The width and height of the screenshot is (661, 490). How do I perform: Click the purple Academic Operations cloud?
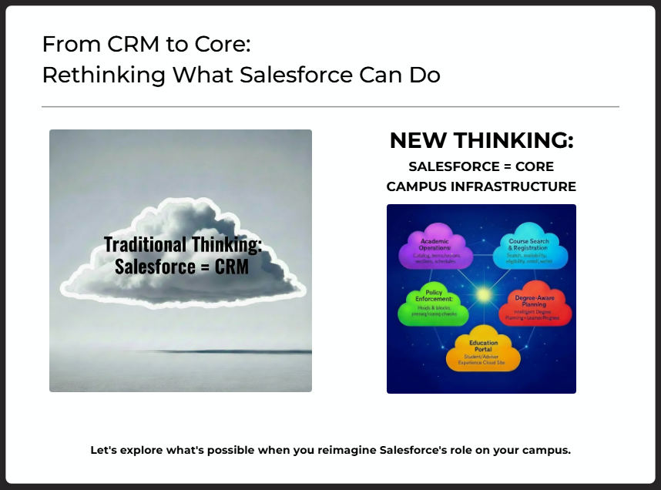[x=435, y=249]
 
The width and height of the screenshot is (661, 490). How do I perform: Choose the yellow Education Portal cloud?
[x=483, y=351]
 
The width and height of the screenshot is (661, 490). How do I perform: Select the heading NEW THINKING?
[x=481, y=141]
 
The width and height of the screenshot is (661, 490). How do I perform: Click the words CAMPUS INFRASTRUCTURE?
[x=481, y=186]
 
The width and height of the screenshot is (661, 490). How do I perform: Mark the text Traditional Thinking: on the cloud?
[x=183, y=244]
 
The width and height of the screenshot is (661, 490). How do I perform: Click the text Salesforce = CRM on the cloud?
[x=182, y=267]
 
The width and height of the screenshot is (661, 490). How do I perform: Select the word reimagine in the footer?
[x=335, y=450]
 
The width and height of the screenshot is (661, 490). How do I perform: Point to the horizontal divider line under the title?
[x=330, y=106]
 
